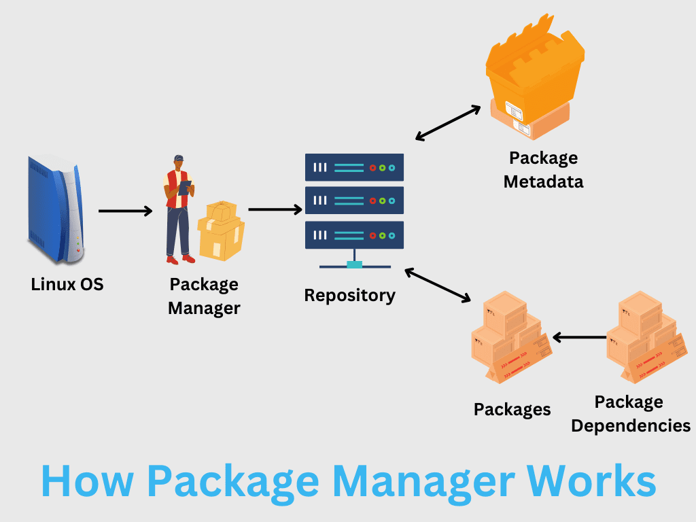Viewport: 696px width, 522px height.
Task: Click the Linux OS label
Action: coord(67,285)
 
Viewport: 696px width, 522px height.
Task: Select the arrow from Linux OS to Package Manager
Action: coord(125,211)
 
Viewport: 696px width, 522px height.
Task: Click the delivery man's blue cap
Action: coord(179,158)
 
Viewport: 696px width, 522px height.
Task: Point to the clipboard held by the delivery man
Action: coord(185,188)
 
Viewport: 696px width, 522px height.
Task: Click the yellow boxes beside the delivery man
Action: coord(221,230)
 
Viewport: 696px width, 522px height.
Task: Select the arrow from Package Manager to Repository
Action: coord(275,209)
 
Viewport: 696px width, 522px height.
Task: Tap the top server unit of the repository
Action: coord(354,167)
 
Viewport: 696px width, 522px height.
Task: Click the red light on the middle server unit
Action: coord(373,201)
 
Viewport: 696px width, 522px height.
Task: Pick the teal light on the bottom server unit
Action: coord(392,236)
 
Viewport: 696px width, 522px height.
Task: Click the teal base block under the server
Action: coord(354,265)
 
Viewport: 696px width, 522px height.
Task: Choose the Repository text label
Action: coord(350,296)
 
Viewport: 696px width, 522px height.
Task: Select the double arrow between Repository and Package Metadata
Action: coord(448,123)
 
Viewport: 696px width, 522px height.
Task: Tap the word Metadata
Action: coord(543,182)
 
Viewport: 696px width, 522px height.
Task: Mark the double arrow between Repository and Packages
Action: coord(438,285)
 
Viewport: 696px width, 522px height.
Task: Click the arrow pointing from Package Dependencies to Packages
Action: coord(579,337)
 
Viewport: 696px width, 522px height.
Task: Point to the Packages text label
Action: coord(512,410)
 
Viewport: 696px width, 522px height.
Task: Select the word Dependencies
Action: coord(631,426)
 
